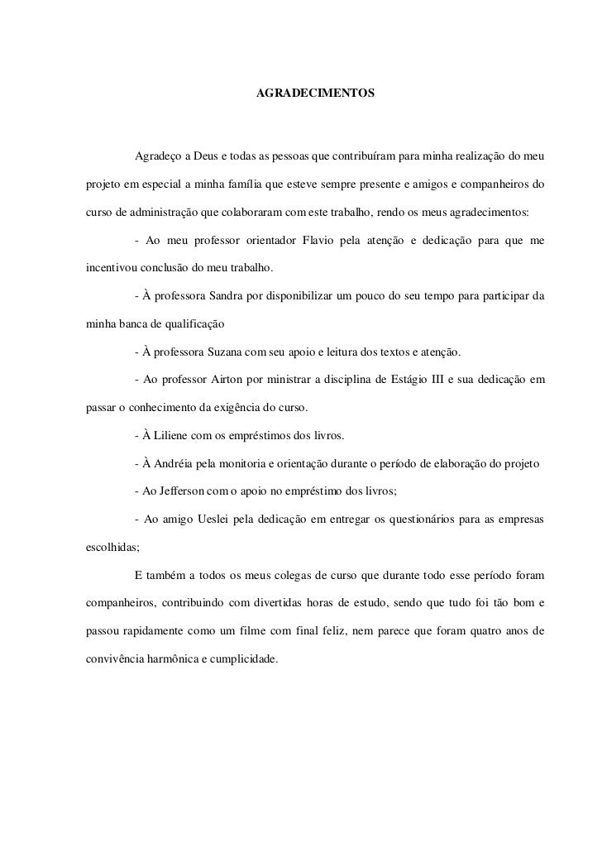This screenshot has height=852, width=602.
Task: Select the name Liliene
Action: [x=173, y=436]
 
